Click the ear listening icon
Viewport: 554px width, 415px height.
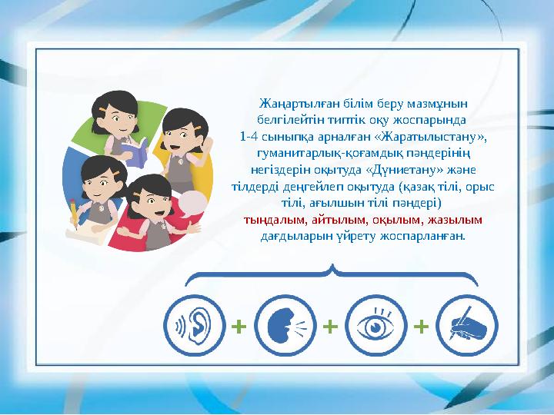195,327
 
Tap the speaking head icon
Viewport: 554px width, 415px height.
285,327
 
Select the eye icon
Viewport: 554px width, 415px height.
375,327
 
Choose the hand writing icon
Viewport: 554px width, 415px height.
466,327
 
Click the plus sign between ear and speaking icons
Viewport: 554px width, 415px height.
239,327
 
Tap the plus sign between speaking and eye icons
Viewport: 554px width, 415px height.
330,327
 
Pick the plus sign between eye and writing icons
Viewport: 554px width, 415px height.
421,327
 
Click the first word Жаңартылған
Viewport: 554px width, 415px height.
291,103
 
